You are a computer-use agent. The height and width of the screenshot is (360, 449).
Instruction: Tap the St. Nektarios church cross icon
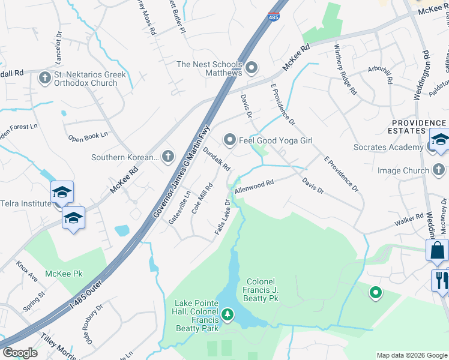[45, 78]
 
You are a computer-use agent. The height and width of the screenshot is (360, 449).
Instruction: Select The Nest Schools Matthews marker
[252, 67]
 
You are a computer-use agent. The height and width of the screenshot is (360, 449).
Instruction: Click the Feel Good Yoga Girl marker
[229, 140]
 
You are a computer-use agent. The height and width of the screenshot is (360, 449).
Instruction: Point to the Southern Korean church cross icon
[168, 157]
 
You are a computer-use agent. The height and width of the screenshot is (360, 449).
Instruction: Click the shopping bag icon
[437, 250]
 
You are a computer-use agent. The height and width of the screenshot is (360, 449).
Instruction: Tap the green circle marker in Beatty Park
[375, 293]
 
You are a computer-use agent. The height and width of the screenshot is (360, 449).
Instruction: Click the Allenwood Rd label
[254, 185]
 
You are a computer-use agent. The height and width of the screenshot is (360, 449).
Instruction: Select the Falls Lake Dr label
[223, 217]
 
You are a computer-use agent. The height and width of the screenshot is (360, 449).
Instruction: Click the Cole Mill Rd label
[202, 199]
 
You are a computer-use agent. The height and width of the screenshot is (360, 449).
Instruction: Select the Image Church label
[403, 170]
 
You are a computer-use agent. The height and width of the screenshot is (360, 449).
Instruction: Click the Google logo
[20, 353]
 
